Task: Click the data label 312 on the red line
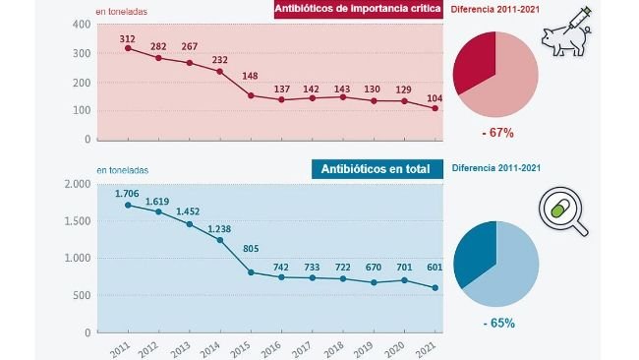pyautogui.click(x=127, y=36)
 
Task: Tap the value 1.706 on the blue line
pyautogui.click(x=127, y=194)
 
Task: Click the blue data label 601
pyautogui.click(x=433, y=275)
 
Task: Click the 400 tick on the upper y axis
pyautogui.click(x=82, y=24)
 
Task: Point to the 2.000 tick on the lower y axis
pyautogui.click(x=77, y=185)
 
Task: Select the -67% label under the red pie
pyautogui.click(x=496, y=132)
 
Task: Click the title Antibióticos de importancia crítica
pyautogui.click(x=358, y=10)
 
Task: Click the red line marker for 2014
pyautogui.click(x=219, y=71)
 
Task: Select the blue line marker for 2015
pyautogui.click(x=251, y=271)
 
